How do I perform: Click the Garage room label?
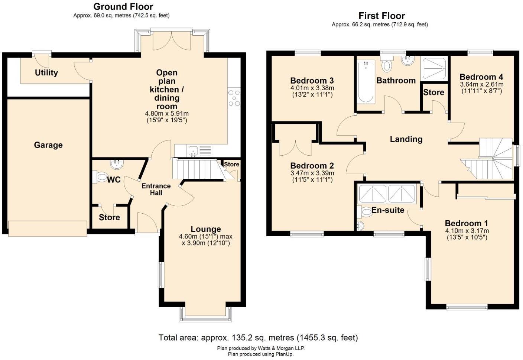(48, 145)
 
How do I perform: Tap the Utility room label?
(46, 72)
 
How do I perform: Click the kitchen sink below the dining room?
(193, 151)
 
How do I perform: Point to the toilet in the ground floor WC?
(101, 177)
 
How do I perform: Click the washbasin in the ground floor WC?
(117, 164)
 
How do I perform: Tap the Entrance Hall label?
(156, 189)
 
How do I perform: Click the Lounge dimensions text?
(205, 240)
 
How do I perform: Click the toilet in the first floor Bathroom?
(387, 65)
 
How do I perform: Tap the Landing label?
(406, 139)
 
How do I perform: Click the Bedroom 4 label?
(481, 77)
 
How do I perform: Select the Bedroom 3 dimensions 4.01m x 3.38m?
(312, 88)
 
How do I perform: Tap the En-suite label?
(387, 210)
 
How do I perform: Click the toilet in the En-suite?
(366, 213)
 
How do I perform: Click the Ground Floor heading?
(123, 7)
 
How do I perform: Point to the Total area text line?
(258, 338)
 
